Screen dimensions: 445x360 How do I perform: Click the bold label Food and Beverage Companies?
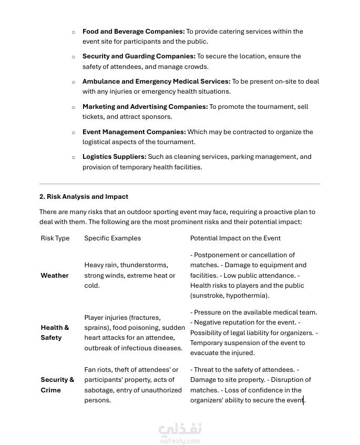[133, 32]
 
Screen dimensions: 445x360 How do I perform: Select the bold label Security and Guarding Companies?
[139, 56]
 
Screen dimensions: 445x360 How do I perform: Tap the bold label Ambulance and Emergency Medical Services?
[156, 82]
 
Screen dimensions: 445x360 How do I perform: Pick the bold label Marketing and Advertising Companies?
[145, 107]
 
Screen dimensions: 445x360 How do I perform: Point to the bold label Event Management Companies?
[134, 132]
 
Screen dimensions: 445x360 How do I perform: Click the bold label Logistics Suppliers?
[114, 157]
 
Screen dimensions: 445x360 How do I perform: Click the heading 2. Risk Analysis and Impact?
[84, 197]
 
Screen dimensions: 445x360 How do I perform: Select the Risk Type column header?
[55, 238]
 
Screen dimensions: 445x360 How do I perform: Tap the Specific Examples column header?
[112, 238]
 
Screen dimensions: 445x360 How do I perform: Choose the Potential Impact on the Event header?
[235, 238]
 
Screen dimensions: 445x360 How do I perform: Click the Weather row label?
[55, 276]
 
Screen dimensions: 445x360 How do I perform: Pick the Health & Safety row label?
[55, 332]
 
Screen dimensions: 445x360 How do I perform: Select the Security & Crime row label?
[57, 385]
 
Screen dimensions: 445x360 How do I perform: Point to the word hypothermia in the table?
[248, 296]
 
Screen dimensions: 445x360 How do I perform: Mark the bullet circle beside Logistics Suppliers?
[74, 157]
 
